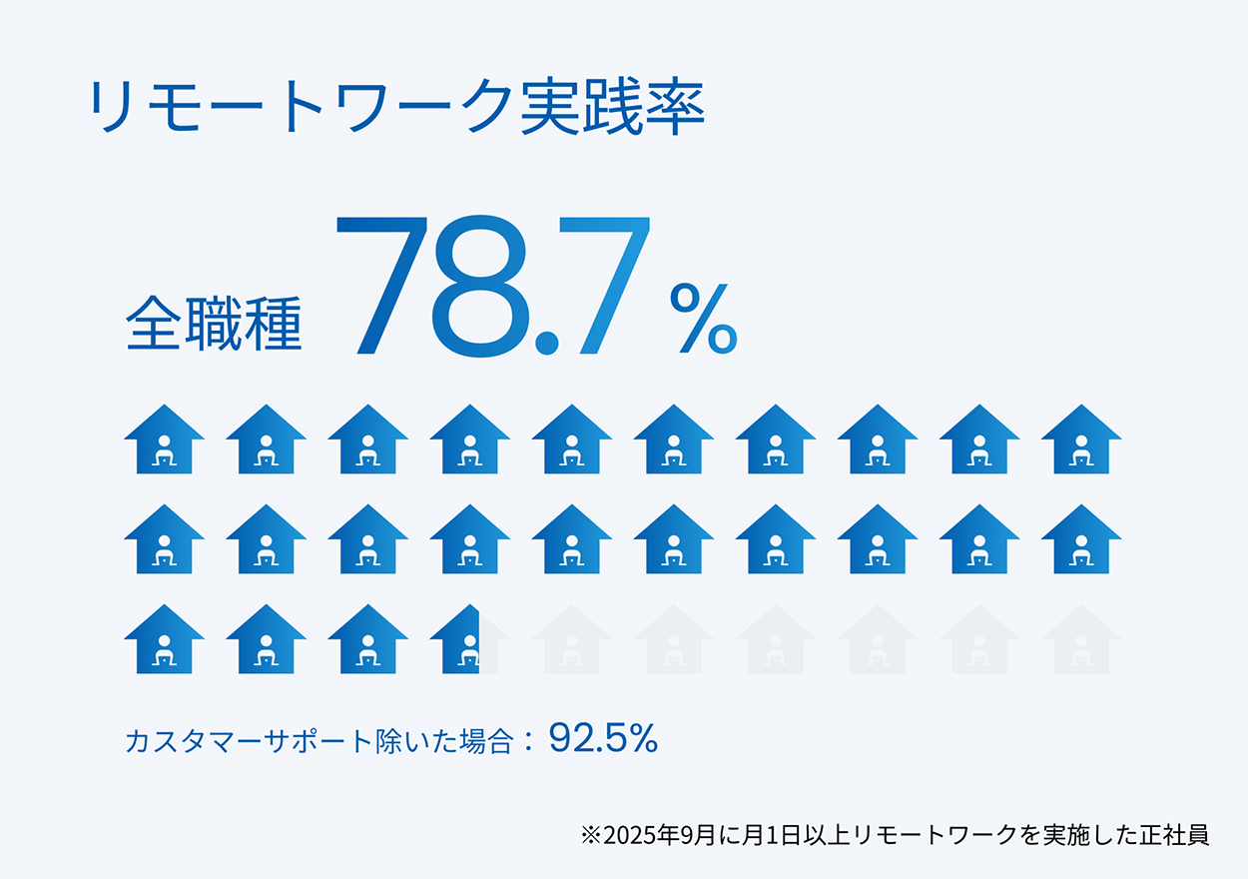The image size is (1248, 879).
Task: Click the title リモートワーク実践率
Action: click(x=396, y=106)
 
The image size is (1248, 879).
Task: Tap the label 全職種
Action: click(x=214, y=324)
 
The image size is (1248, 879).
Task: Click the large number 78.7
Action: click(x=492, y=286)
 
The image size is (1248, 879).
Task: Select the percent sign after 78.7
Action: click(x=704, y=319)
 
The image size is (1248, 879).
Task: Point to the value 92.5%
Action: click(x=603, y=738)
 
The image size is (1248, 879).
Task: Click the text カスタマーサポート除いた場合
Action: click(x=319, y=741)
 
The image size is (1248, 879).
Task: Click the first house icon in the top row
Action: click(x=165, y=439)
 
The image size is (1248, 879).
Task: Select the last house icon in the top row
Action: click(x=1081, y=439)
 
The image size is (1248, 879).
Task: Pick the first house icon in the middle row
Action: click(x=165, y=539)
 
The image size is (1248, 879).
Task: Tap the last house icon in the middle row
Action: click(x=1081, y=539)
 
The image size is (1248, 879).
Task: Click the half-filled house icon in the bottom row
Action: click(x=469, y=639)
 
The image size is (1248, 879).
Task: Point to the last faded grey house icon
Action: click(x=1081, y=639)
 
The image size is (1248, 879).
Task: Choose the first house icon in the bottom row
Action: click(x=165, y=639)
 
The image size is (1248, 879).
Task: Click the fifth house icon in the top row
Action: click(x=572, y=439)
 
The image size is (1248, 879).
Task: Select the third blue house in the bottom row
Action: click(x=367, y=639)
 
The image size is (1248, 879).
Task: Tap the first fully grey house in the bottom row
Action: click(x=572, y=639)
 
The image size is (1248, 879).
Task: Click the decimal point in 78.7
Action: click(x=546, y=343)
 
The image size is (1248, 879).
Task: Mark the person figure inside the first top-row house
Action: click(x=165, y=450)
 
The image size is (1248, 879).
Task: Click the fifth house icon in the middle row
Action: click(x=572, y=539)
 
